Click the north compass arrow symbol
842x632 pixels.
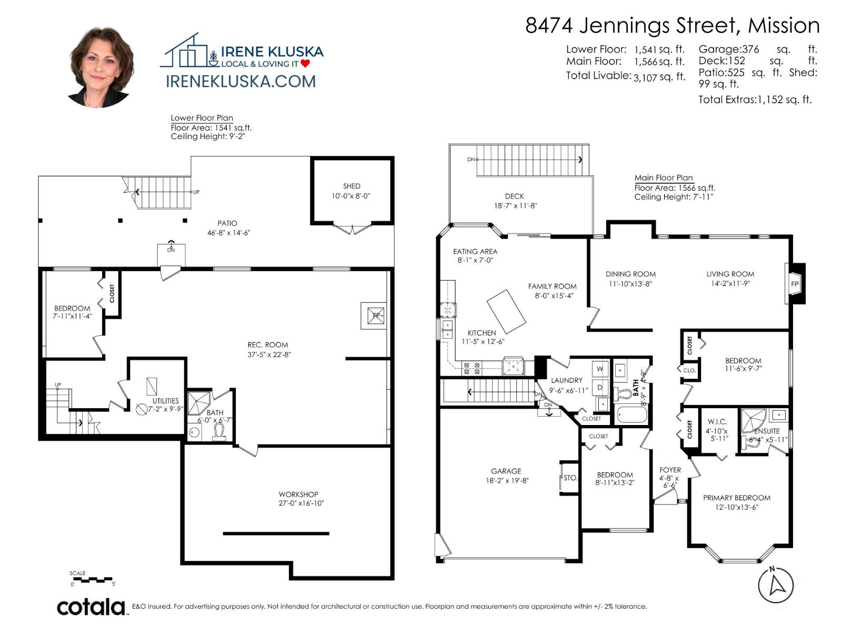coord(775,585)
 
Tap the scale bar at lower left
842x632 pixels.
coord(93,580)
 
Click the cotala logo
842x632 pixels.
coord(91,607)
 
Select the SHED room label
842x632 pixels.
coord(352,186)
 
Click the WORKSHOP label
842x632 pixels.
coord(298,494)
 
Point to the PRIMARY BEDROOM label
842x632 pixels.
coord(736,498)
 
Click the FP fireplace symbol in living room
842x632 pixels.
coord(795,284)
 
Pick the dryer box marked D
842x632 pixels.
coord(600,387)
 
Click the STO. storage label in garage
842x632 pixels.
coord(570,478)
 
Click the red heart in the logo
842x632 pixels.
coord(305,64)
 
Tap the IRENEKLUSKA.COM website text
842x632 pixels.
coord(240,81)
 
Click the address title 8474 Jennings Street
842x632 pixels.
coord(672,25)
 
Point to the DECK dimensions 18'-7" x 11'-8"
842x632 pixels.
coord(515,206)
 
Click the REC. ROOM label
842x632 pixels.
coord(267,345)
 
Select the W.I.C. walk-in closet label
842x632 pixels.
coord(717,422)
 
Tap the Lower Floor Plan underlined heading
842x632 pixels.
coord(202,118)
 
